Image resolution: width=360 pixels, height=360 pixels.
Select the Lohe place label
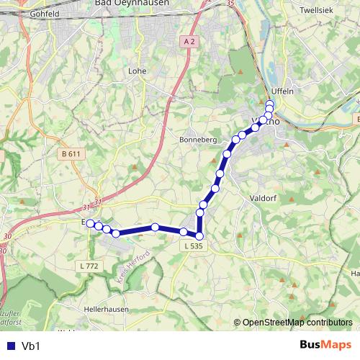pos(137,71)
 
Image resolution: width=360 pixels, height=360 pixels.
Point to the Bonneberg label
pos(197,139)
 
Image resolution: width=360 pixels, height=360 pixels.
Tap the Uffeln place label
pos(284,91)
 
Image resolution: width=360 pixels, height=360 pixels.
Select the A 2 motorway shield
pos(189,42)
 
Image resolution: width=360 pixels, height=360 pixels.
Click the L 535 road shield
pos(193,246)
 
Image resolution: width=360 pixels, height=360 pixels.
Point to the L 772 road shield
pos(89,266)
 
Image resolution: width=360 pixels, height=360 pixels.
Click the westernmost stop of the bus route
pos(90,223)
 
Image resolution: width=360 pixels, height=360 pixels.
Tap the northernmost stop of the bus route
pos(269,104)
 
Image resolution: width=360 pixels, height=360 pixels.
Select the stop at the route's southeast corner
pos(199,235)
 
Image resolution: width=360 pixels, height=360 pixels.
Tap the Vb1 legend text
pos(30,346)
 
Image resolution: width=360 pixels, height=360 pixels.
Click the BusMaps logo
pos(325,345)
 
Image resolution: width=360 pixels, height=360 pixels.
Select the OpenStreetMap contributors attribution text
pos(297,323)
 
